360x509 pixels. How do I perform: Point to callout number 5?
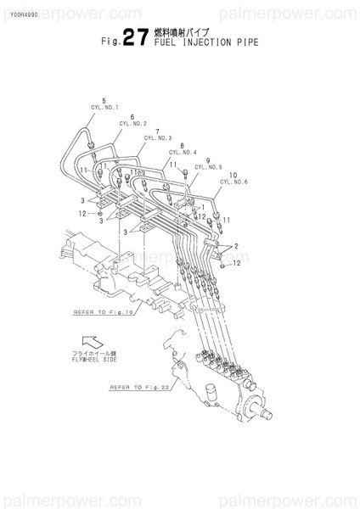point(104,101)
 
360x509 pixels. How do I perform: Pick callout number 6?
point(132,116)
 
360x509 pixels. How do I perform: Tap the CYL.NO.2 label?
point(133,123)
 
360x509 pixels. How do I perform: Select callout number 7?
point(157,131)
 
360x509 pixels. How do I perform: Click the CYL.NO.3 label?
point(158,138)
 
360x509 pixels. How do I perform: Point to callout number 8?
point(183,146)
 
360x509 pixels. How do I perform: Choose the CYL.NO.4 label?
point(183,153)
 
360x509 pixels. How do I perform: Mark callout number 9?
point(207,160)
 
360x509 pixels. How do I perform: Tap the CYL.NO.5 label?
point(208,167)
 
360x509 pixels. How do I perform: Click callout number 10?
point(233,175)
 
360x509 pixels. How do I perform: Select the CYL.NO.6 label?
point(233,182)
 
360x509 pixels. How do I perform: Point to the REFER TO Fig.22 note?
point(141,388)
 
